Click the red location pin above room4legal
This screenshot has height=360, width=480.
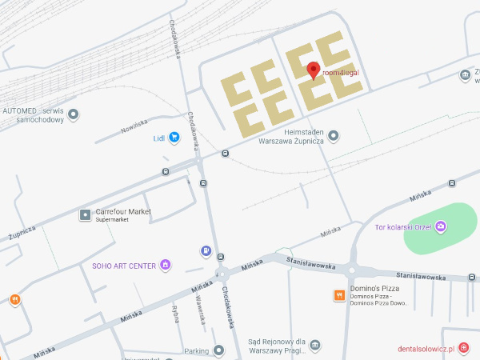tap(314, 70)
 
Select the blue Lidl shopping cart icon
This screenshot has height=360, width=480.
tap(174, 138)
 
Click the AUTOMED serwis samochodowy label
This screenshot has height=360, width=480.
tap(32, 114)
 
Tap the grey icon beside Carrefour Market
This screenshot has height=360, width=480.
tap(85, 214)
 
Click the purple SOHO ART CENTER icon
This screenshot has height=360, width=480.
tap(166, 265)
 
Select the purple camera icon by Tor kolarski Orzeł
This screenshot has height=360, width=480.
tap(440, 227)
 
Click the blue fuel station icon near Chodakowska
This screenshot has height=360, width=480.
tap(206, 252)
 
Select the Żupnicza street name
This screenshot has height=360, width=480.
tap(22, 233)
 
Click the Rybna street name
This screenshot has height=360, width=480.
tap(175, 313)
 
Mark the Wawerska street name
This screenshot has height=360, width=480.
tap(201, 309)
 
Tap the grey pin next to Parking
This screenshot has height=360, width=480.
tap(219, 350)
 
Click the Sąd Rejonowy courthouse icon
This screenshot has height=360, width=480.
tap(316, 345)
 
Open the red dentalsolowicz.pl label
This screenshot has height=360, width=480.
tap(426, 349)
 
